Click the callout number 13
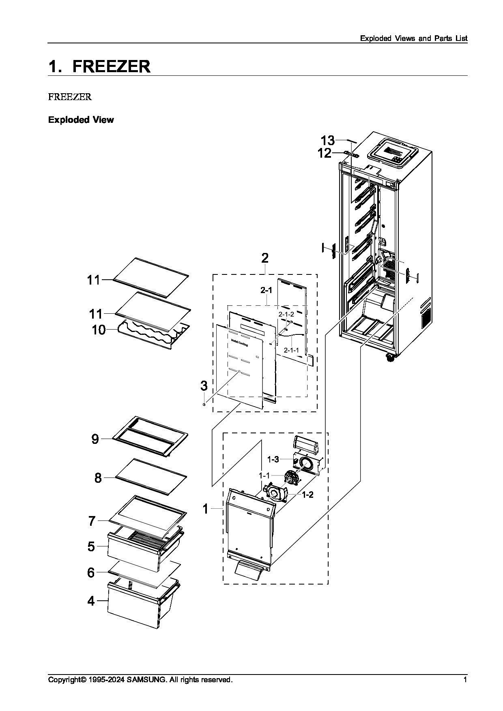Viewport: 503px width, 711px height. pyautogui.click(x=328, y=140)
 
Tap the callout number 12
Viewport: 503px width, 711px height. pyautogui.click(x=325, y=153)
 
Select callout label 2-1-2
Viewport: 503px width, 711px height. pyautogui.click(x=286, y=314)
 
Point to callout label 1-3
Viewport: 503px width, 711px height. pyautogui.click(x=273, y=459)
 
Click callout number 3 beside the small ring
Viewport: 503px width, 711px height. pyautogui.click(x=204, y=385)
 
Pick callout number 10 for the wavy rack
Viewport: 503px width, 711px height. pyautogui.click(x=99, y=330)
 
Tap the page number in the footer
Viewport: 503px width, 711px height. pyautogui.click(x=465, y=679)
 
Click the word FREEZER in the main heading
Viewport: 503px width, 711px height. pyautogui.click(x=112, y=66)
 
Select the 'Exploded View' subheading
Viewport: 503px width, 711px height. pyautogui.click(x=81, y=120)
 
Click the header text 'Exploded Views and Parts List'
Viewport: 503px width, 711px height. pyautogui.click(x=414, y=39)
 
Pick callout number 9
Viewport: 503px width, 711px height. pyautogui.click(x=95, y=439)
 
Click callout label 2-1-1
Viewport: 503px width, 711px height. pyautogui.click(x=291, y=350)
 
